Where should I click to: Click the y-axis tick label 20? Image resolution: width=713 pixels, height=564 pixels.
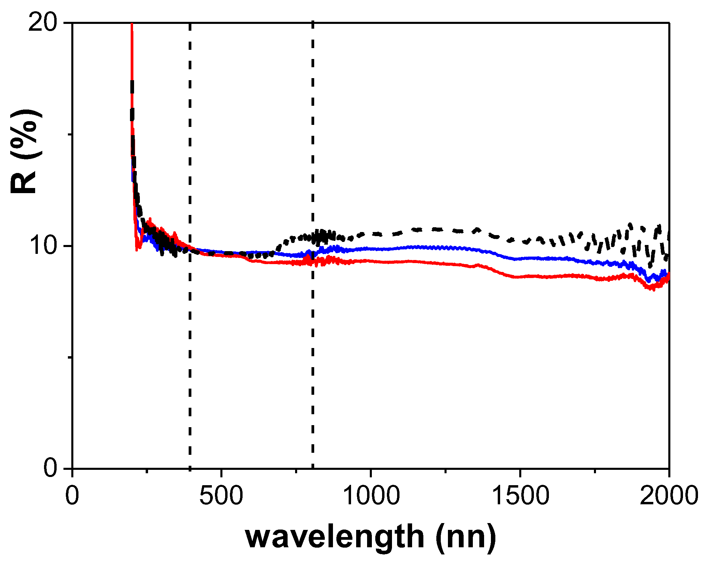[x=42, y=23]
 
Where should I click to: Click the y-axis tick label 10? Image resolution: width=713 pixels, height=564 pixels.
[x=42, y=246]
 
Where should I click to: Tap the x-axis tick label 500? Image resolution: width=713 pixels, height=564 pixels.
[x=221, y=495]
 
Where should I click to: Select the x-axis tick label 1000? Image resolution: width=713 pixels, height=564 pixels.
[x=371, y=495]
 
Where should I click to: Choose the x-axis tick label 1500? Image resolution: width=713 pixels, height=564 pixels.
[x=520, y=495]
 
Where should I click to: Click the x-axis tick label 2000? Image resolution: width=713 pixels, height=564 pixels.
[x=669, y=495]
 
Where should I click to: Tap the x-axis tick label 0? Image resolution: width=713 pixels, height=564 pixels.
[x=72, y=495]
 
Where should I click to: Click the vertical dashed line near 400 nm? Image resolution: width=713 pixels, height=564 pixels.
[x=190, y=341]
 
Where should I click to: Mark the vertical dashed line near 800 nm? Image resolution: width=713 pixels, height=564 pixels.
[x=312, y=341]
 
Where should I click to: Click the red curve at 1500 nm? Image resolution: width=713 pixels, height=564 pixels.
[x=520, y=276]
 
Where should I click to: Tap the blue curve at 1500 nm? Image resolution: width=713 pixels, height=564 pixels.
[x=520, y=259]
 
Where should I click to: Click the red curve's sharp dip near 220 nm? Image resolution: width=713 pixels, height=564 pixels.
[x=137, y=248]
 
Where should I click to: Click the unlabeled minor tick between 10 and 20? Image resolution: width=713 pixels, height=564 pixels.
[x=70, y=134]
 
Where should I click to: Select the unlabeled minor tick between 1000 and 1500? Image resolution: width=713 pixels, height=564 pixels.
[x=446, y=472]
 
